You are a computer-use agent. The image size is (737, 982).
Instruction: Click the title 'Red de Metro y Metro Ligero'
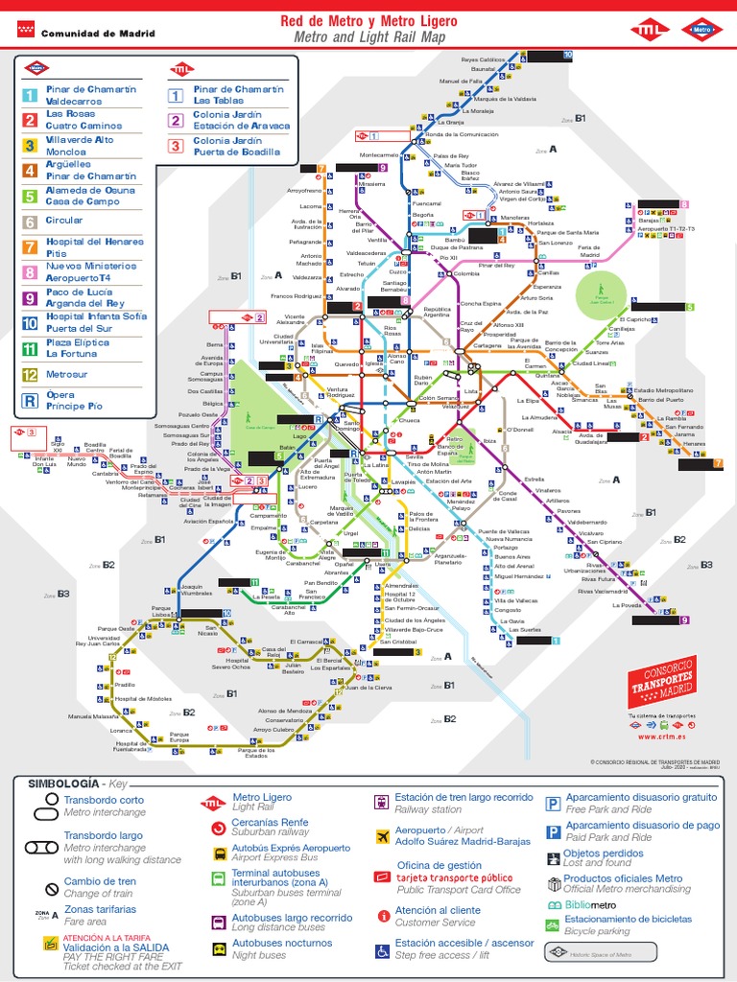pos(368,21)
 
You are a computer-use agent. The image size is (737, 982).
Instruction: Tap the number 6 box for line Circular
pos(31,222)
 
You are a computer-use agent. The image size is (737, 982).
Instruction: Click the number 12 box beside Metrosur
pos(31,375)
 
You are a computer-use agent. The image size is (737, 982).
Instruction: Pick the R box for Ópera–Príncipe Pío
pos(31,401)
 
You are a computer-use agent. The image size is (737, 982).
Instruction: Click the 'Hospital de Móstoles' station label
pos(143,699)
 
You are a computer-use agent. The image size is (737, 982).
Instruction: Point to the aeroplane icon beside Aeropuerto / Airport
pos(382,835)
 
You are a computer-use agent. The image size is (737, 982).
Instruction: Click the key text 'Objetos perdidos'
pos(603,853)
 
